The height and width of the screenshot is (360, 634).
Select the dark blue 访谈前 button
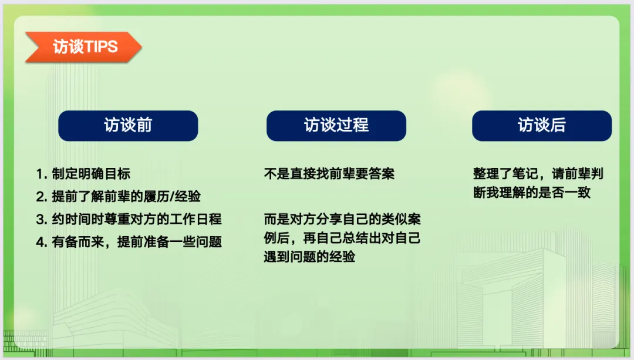pos(128,126)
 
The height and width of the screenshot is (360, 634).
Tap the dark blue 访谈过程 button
pos(336,126)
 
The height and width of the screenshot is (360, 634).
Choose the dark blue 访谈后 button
pos(542,126)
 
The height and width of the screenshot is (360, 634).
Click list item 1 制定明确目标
pos(83,174)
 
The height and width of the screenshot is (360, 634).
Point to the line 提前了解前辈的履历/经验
pos(119,197)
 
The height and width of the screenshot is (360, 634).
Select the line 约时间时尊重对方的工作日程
pos(129,219)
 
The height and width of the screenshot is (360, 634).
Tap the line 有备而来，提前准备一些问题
pos(129,242)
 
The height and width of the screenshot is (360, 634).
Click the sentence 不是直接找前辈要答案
pos(329,174)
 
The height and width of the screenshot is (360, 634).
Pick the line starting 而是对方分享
pos(342,219)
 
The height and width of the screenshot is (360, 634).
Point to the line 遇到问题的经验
pos(310,257)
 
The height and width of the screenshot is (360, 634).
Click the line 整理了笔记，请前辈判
pos(538,174)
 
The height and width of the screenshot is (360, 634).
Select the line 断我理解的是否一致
pos(532,193)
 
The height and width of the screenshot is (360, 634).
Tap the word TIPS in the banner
pos(102,47)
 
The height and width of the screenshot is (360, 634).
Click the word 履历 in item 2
pos(157,197)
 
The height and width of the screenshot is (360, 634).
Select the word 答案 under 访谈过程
pos(382,174)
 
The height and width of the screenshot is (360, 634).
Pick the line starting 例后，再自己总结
pos(342,238)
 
